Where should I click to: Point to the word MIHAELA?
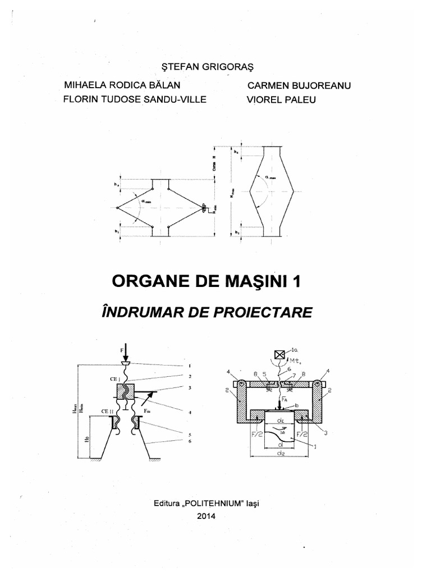click(85, 85)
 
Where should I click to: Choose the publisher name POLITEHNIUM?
click(214, 503)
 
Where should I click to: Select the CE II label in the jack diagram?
click(108, 412)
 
